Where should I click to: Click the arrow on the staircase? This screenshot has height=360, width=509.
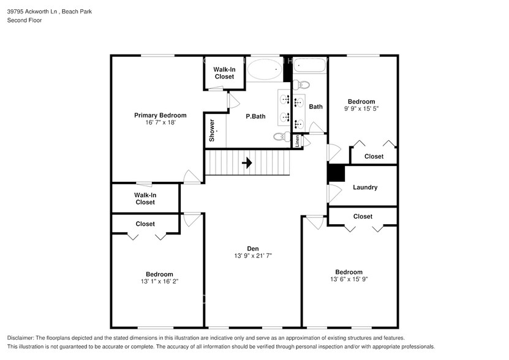247,163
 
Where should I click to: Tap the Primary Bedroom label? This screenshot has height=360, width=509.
160,115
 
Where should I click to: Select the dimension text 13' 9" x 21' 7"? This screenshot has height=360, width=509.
252,255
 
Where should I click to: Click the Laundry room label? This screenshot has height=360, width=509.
365,187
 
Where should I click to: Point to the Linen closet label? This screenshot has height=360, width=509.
298,141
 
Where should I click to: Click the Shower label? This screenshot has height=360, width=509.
212,130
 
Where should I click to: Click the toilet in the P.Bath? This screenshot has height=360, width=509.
281,137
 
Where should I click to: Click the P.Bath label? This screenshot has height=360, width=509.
255,116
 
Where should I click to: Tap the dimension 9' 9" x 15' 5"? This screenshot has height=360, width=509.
361,109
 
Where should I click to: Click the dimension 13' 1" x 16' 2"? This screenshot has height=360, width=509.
159,282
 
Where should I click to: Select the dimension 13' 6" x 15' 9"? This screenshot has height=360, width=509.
348,279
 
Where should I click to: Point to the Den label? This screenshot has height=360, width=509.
252,248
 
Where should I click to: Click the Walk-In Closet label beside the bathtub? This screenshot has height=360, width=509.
224,73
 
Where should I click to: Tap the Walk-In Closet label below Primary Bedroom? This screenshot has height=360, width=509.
145,198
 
